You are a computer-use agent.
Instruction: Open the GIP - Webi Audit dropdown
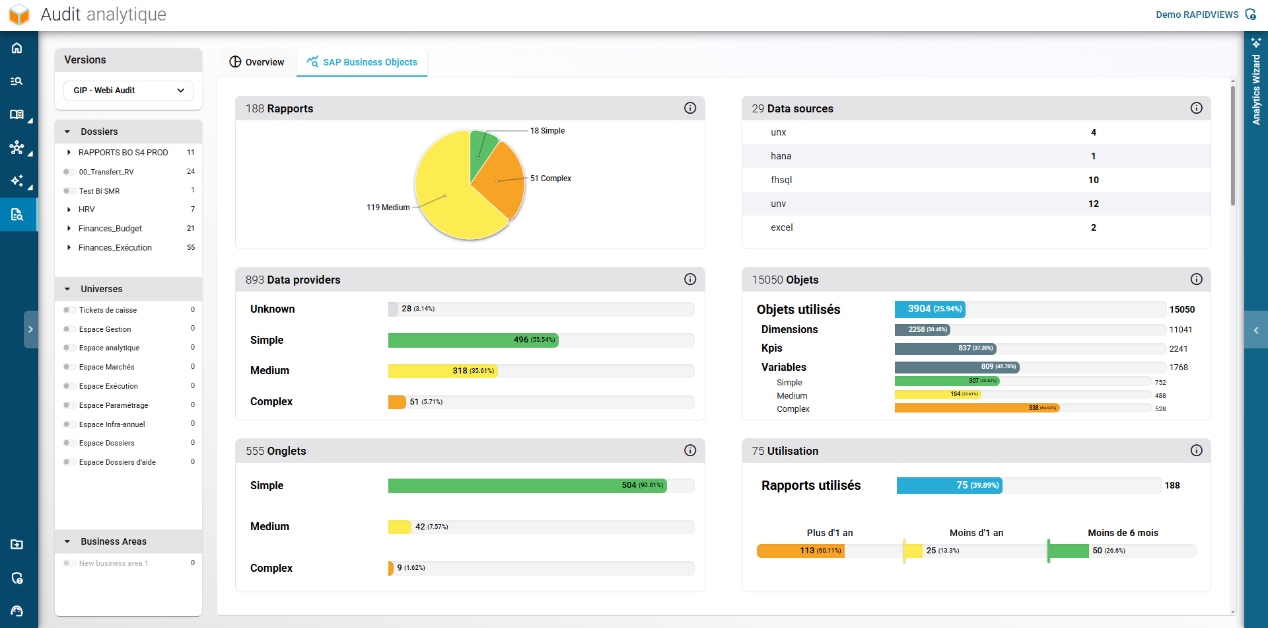129,91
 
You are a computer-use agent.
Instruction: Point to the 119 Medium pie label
388,208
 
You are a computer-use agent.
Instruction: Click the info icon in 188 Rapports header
690,108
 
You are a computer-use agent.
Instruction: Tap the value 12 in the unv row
1093,204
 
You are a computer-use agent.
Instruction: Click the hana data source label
781,156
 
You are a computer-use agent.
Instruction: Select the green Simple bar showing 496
473,340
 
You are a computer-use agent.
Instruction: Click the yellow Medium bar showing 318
442,371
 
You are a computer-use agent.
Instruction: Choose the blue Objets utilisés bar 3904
929,309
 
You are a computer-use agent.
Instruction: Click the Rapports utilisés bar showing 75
949,485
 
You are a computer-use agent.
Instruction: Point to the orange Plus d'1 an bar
800,551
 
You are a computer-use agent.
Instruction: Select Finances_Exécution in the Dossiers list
115,248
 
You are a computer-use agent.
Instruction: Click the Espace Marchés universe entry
106,367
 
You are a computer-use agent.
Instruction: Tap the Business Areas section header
114,541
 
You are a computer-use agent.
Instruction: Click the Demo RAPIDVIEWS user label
1197,15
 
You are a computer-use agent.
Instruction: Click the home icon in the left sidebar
17,48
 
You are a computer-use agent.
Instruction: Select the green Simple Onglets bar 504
527,486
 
